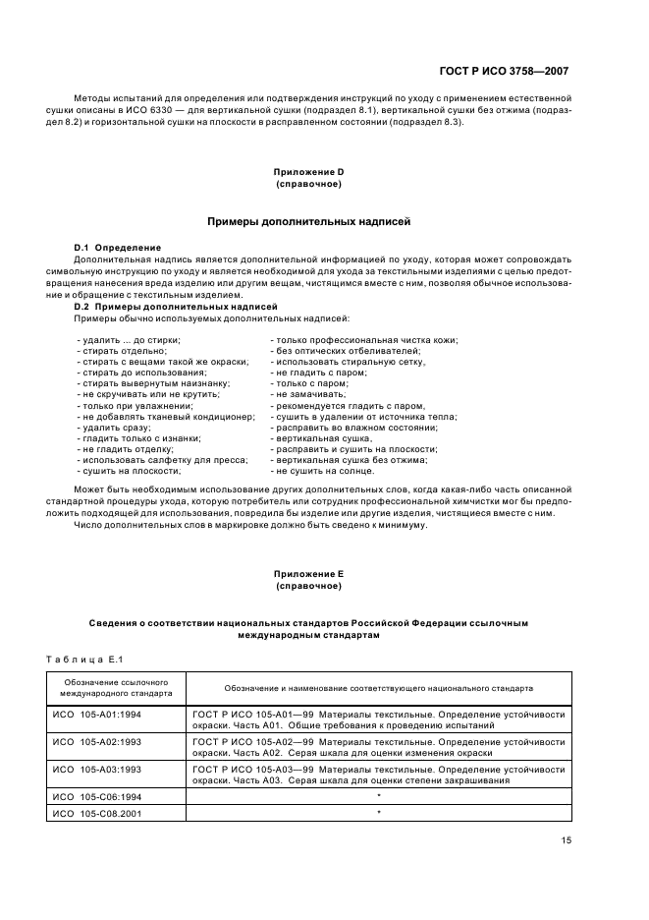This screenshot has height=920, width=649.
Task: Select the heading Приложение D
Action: [x=308, y=171]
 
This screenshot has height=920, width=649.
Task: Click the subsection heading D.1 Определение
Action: [x=118, y=246]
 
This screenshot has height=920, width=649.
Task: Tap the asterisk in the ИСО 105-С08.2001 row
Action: [x=379, y=813]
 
